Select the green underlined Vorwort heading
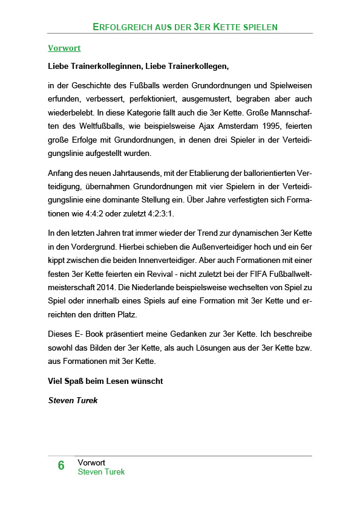(64, 48)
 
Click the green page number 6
(61, 465)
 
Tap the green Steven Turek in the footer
(101, 472)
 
